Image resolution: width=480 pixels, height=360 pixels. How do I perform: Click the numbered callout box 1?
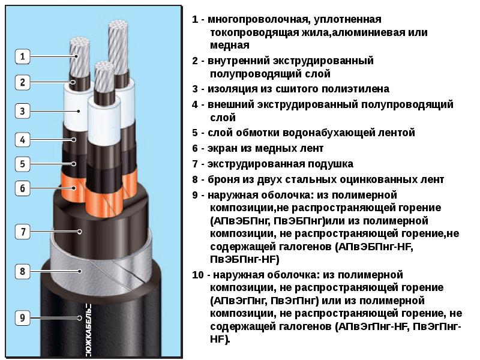[22, 56]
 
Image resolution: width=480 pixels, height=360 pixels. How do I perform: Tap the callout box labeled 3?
[22, 111]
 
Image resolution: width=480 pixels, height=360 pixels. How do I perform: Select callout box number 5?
[22, 164]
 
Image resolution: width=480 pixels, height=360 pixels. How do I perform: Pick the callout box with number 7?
[22, 232]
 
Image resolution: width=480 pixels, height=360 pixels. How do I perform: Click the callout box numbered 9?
[22, 318]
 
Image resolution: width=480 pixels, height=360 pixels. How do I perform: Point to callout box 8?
[22, 271]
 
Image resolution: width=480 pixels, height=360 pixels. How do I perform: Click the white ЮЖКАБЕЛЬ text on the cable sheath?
[88, 330]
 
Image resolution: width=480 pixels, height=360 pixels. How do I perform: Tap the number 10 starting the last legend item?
[198, 275]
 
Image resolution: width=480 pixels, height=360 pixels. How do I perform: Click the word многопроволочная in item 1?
[257, 20]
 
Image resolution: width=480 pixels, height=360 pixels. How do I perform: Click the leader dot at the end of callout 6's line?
[74, 188]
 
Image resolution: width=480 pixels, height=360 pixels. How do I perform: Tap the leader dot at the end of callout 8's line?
[80, 271]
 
